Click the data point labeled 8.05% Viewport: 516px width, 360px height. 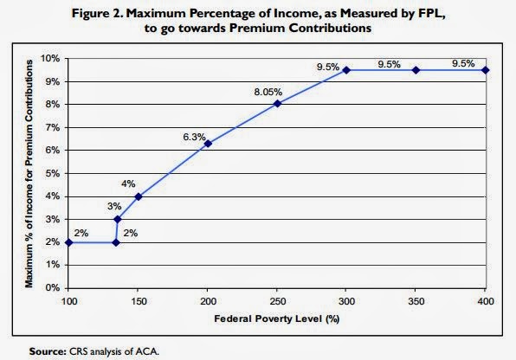pyautogui.click(x=277, y=104)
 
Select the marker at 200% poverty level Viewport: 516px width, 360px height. pyautogui.click(x=208, y=144)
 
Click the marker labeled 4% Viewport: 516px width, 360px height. pyautogui.click(x=139, y=196)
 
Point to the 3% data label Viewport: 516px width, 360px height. pyautogui.click(x=114, y=206)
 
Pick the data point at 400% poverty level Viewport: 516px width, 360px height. pyautogui.click(x=486, y=70)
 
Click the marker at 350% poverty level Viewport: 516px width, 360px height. pyautogui.click(x=416, y=70)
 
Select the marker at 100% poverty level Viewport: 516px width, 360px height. pyautogui.click(x=69, y=242)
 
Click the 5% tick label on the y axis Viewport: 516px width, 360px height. pyautogui.click(x=53, y=173)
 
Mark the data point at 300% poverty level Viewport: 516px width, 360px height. pyautogui.click(x=346, y=70)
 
